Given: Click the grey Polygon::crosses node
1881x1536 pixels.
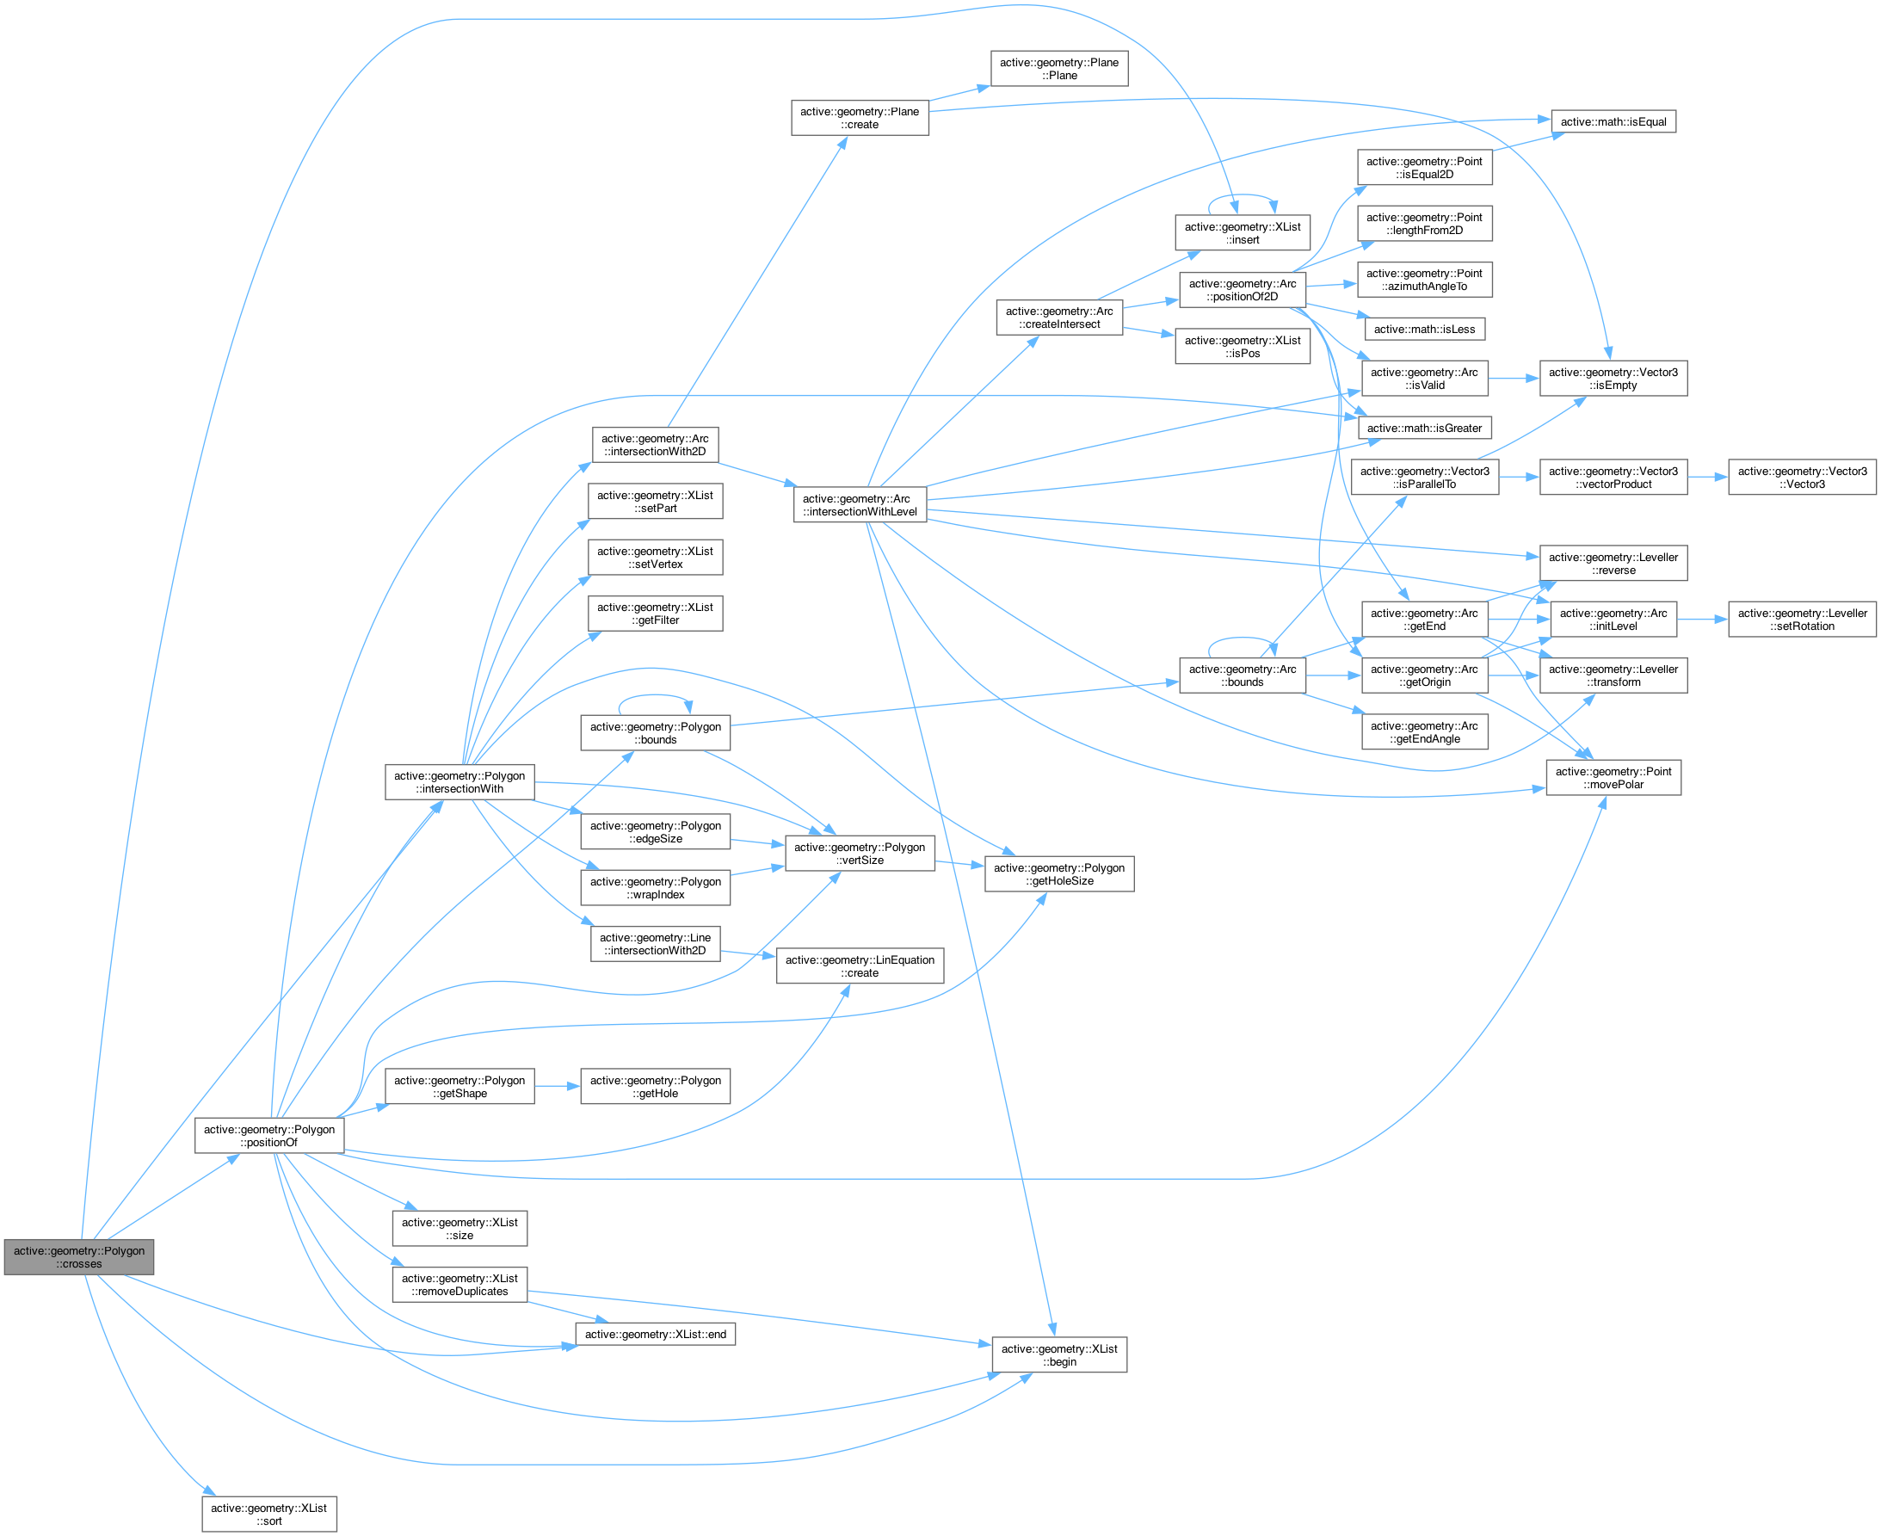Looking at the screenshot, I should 79,1256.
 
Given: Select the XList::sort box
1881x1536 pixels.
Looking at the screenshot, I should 269,1514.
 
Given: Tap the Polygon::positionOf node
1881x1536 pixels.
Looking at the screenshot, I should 269,1135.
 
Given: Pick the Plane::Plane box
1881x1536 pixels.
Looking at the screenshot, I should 1059,69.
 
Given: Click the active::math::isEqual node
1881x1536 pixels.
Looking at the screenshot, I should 1613,122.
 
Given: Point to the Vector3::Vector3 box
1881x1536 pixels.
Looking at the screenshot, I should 1802,478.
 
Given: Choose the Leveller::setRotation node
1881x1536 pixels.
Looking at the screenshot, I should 1802,620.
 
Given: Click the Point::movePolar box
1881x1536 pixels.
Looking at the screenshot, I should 1613,778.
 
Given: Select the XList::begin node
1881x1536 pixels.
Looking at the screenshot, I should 1059,1354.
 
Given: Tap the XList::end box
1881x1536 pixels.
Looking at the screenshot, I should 655,1335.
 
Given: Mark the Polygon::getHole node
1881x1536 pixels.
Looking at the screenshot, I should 655,1087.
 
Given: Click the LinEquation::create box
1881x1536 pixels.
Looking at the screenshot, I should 860,966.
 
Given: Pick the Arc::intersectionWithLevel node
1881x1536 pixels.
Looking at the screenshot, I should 860,505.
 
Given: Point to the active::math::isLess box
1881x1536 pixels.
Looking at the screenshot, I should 1424,329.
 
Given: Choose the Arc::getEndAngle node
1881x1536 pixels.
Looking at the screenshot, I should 1424,732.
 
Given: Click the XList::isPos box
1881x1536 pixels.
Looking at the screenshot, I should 1243,347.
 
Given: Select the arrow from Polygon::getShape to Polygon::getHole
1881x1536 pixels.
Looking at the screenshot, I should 557,1086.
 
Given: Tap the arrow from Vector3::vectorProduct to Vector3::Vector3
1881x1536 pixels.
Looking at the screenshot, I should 1706,478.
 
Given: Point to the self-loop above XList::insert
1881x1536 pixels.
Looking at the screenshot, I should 1243,195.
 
